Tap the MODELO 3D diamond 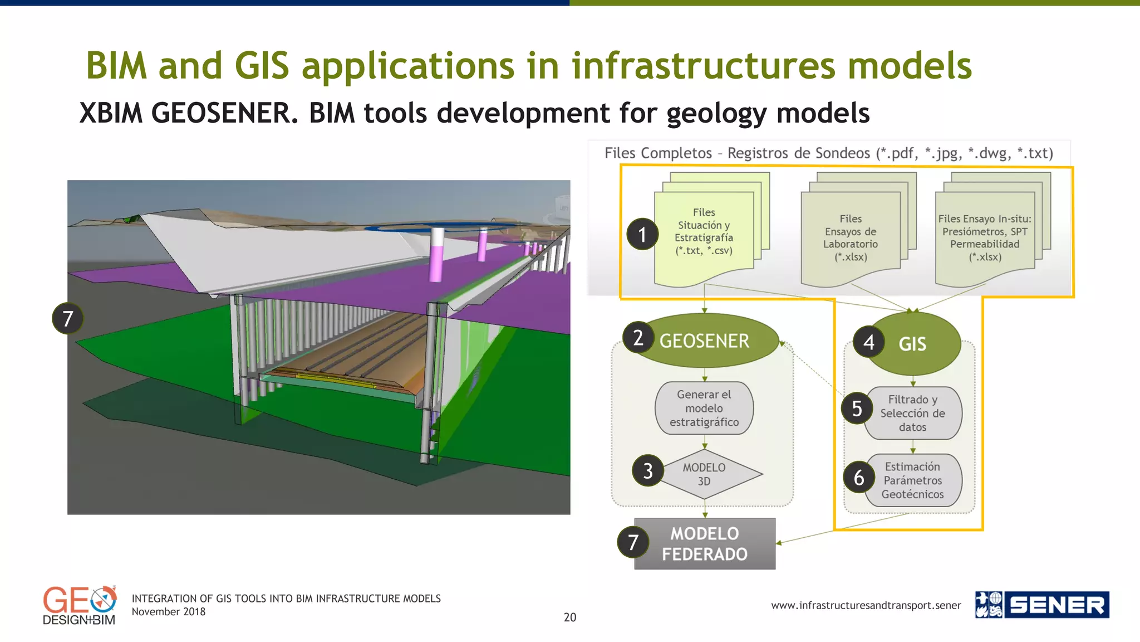pyautogui.click(x=705, y=474)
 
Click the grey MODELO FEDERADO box pyautogui.click(x=705, y=543)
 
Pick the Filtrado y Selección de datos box pyautogui.click(x=913, y=413)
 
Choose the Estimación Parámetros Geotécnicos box pyautogui.click(x=913, y=480)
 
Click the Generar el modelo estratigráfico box pyautogui.click(x=704, y=408)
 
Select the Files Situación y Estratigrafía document pyautogui.click(x=704, y=234)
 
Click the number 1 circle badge pyautogui.click(x=642, y=234)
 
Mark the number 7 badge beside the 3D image pyautogui.click(x=67, y=318)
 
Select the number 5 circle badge pyautogui.click(x=857, y=408)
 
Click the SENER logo pyautogui.click(x=1042, y=605)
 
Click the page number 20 pyautogui.click(x=569, y=617)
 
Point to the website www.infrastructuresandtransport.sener pyautogui.click(x=866, y=605)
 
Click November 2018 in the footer pyautogui.click(x=168, y=612)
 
